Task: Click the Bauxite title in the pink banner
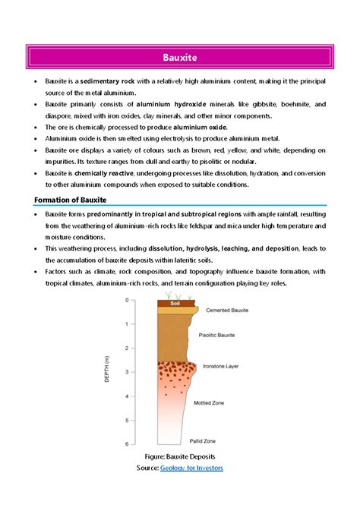pos(179,57)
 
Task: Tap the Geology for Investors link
pos(191,468)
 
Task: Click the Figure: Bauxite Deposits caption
pos(180,457)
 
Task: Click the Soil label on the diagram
pos(174,304)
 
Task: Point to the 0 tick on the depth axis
pos(126,300)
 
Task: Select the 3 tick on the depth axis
pos(126,372)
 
